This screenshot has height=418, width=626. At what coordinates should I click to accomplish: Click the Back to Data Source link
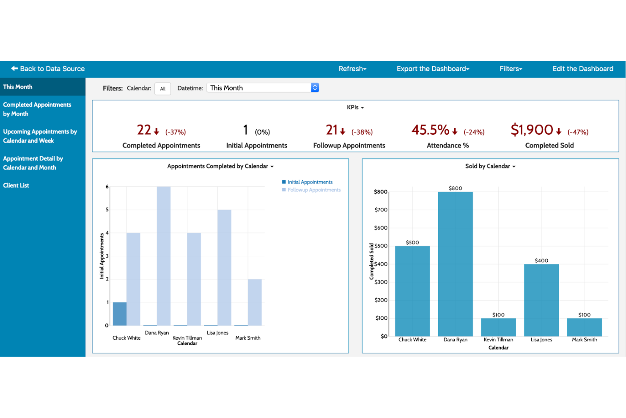pyautogui.click(x=48, y=69)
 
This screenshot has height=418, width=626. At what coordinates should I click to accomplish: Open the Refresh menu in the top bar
pyautogui.click(x=352, y=69)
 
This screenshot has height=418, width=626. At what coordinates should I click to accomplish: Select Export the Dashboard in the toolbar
pyautogui.click(x=433, y=69)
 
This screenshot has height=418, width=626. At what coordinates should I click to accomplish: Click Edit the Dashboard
pyautogui.click(x=582, y=69)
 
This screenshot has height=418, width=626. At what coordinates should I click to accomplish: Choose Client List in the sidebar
pyautogui.click(x=16, y=185)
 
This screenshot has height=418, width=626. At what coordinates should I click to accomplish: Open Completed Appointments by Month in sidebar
pyautogui.click(x=37, y=109)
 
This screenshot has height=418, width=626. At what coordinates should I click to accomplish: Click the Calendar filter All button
pyautogui.click(x=163, y=89)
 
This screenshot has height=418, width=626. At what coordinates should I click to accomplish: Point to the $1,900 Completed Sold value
pyautogui.click(x=532, y=130)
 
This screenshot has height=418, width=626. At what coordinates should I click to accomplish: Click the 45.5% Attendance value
pyautogui.click(x=430, y=130)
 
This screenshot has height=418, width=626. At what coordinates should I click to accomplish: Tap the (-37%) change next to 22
pyautogui.click(x=176, y=132)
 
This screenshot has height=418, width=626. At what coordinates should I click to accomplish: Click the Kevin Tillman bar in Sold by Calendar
pyautogui.click(x=498, y=327)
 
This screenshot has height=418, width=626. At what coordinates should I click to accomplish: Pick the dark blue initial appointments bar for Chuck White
pyautogui.click(x=120, y=314)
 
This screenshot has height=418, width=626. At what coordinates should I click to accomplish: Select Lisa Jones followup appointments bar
pyautogui.click(x=224, y=267)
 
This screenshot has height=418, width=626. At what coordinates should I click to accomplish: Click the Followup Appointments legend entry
pyautogui.click(x=314, y=190)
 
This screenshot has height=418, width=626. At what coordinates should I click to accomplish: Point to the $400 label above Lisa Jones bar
pyautogui.click(x=541, y=260)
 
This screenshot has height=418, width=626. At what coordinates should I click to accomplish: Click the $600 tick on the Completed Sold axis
pyautogui.click(x=381, y=228)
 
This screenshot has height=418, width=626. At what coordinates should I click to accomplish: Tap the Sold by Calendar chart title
pyautogui.click(x=488, y=166)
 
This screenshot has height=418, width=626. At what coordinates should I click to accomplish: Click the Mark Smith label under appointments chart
pyautogui.click(x=248, y=338)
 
